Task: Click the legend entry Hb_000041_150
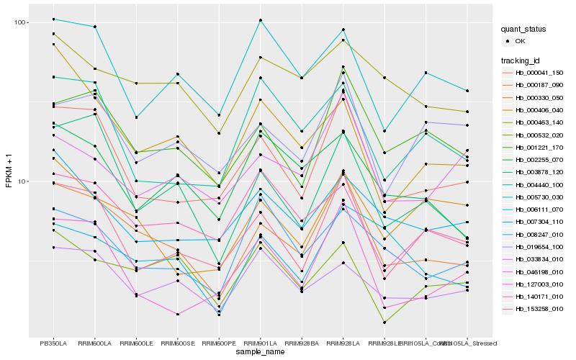pyautogui.click(x=539, y=73)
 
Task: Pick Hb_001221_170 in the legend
pyautogui.click(x=539, y=147)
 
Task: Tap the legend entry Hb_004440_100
pyautogui.click(x=539, y=184)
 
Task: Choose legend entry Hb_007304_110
pyautogui.click(x=539, y=222)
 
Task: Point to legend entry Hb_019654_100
pyautogui.click(x=539, y=246)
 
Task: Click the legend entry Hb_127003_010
pyautogui.click(x=539, y=284)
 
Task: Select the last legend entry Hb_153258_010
pyautogui.click(x=539, y=309)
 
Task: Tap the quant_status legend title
pyautogui.click(x=525, y=30)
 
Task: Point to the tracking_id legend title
pyautogui.click(x=522, y=60)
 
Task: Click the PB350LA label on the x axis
pyautogui.click(x=53, y=343)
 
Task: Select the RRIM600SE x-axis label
pyautogui.click(x=177, y=343)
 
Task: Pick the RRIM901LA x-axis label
pyautogui.click(x=260, y=343)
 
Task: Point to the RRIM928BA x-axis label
pyautogui.click(x=302, y=343)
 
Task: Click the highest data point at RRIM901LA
pyautogui.click(x=260, y=20)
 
